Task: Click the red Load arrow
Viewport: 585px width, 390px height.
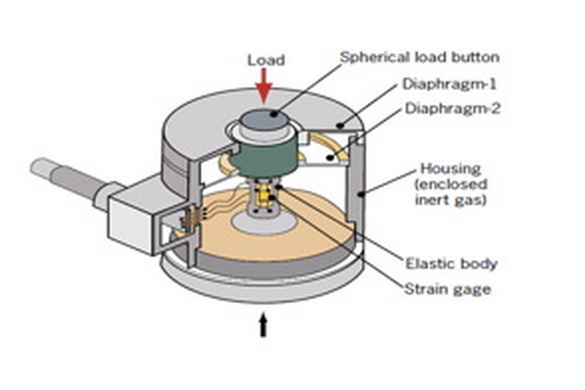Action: click(263, 86)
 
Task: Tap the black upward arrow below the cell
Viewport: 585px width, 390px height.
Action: click(263, 325)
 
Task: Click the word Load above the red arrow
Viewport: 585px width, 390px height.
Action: click(265, 60)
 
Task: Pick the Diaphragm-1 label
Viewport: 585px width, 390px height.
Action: click(444, 84)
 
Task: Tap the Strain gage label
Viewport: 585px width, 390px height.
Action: click(447, 289)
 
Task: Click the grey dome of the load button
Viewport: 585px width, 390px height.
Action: click(266, 119)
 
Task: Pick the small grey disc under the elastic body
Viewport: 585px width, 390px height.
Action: click(263, 221)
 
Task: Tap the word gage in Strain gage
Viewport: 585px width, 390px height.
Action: click(472, 289)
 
